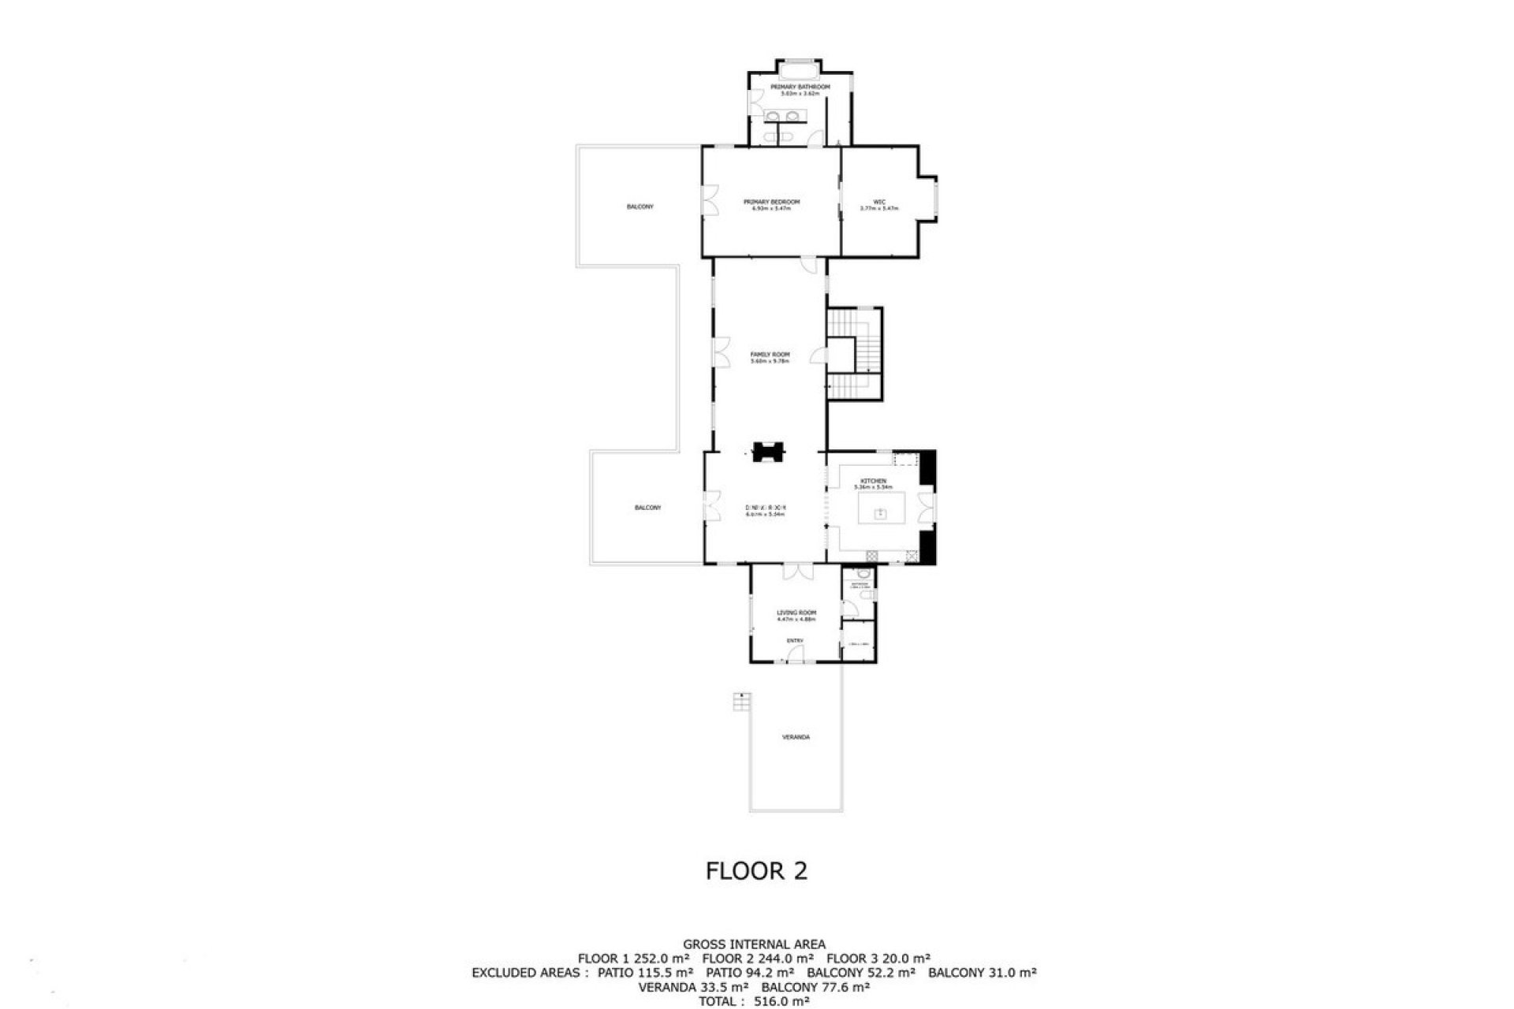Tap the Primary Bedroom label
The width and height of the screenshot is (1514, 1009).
771,202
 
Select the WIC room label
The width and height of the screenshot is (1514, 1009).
879,202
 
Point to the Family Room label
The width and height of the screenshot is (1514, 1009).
770,355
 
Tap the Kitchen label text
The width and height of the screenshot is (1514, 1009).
873,481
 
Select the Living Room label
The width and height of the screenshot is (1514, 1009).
796,612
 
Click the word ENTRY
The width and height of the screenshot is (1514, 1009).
795,641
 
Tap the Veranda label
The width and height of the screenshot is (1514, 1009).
796,737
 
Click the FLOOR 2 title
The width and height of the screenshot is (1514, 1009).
756,871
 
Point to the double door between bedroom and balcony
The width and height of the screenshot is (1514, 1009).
710,200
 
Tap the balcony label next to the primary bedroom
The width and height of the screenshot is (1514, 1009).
640,207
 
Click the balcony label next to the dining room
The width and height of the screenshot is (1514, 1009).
647,508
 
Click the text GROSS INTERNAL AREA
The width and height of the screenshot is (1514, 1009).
754,944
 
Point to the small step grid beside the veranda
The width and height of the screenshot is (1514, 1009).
741,702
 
